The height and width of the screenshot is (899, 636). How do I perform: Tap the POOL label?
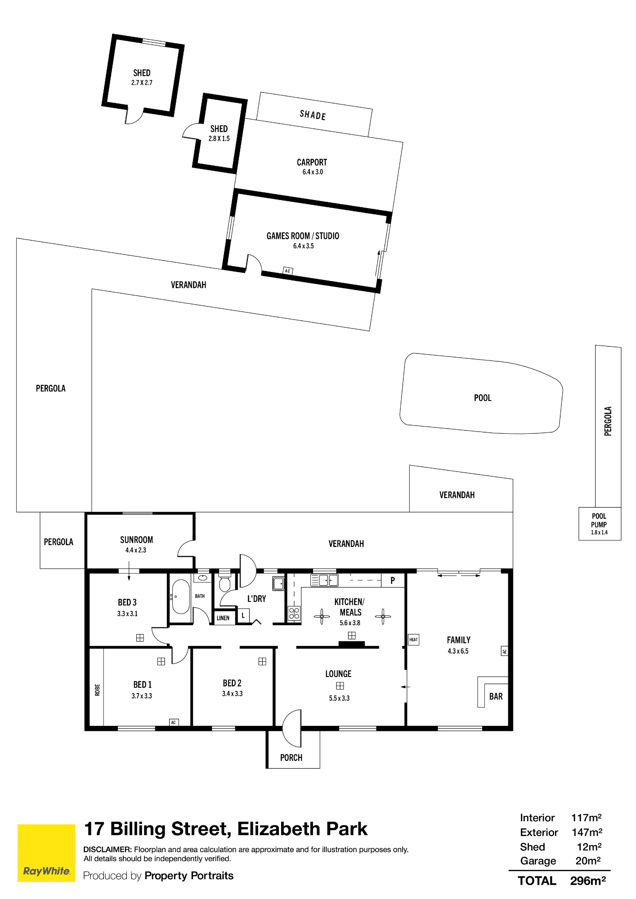click(x=483, y=398)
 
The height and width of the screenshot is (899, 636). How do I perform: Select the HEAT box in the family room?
click(x=413, y=640)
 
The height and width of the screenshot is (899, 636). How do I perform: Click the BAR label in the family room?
click(x=496, y=696)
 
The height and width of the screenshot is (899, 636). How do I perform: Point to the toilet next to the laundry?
click(x=224, y=582)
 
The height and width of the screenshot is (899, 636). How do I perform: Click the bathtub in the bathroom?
click(x=181, y=596)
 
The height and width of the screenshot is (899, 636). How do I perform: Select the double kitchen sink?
click(x=324, y=580)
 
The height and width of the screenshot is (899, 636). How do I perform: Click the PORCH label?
click(x=291, y=758)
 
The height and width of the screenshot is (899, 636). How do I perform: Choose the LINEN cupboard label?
click(x=223, y=618)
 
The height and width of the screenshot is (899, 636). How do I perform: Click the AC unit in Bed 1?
click(x=174, y=722)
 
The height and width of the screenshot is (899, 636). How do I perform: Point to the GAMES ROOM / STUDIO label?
click(x=303, y=236)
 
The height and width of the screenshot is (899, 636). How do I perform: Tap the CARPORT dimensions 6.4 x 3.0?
click(x=313, y=172)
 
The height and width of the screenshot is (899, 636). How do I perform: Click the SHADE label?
click(x=313, y=115)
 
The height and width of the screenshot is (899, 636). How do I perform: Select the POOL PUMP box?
click(x=600, y=524)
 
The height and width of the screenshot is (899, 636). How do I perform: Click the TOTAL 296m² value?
click(x=588, y=881)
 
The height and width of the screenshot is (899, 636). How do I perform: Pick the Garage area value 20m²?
click(x=588, y=861)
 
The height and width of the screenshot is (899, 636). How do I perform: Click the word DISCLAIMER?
click(x=107, y=850)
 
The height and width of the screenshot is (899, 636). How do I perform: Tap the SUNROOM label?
click(x=136, y=540)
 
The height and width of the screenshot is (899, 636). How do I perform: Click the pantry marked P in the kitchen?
click(x=393, y=580)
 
